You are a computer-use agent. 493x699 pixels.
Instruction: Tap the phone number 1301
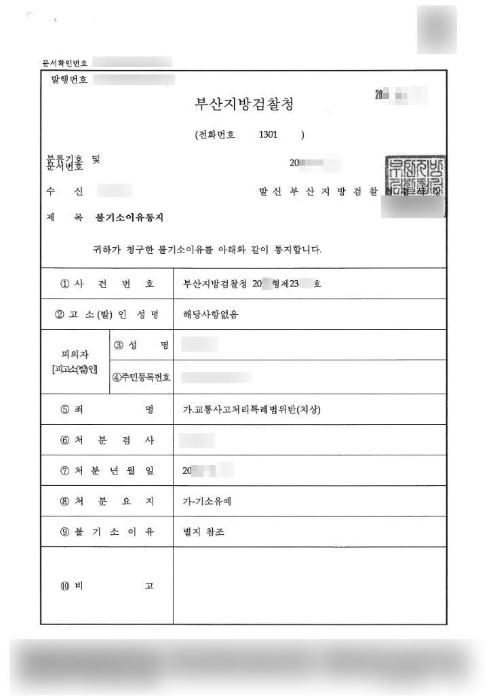pyautogui.click(x=268, y=134)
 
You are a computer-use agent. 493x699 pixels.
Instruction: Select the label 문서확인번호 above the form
pyautogui.click(x=65, y=63)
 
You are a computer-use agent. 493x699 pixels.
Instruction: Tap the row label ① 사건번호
pyautogui.click(x=107, y=284)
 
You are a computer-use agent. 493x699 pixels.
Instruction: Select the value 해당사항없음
pyautogui.click(x=211, y=314)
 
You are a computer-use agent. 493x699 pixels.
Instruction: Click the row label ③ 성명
pyautogui.click(x=140, y=345)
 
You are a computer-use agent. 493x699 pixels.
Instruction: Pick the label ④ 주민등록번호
pyautogui.click(x=141, y=377)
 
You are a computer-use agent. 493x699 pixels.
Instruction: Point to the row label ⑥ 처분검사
pyautogui.click(x=107, y=440)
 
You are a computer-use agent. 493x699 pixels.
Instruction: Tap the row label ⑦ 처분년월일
pyautogui.click(x=107, y=471)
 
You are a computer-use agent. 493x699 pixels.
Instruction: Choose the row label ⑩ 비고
pyautogui.click(x=107, y=586)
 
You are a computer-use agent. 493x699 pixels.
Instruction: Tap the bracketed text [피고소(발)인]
pyautogui.click(x=75, y=369)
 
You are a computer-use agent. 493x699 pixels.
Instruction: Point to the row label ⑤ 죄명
pyautogui.click(x=107, y=409)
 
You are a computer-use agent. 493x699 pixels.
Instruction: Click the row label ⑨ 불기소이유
pyautogui.click(x=107, y=532)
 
